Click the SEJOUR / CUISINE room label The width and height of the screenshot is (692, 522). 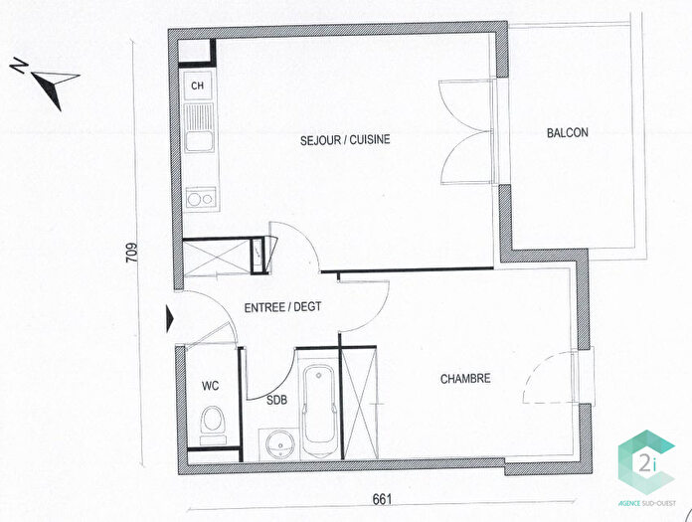click(345, 140)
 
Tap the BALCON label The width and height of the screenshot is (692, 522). click(567, 133)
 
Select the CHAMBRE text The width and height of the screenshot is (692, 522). click(466, 379)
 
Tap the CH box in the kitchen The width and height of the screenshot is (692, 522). click(198, 86)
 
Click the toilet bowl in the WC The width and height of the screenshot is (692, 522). click(211, 423)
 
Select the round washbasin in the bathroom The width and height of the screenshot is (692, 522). click(275, 442)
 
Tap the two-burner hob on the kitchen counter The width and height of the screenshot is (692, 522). click(199, 198)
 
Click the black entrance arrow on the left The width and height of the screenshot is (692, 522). click(169, 319)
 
